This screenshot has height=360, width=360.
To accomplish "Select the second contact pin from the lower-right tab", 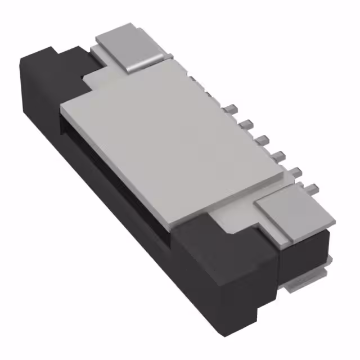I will click(296, 171).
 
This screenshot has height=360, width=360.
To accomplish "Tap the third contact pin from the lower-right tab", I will click(280, 154).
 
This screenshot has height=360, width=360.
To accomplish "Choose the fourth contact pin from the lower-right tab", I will click(263, 138).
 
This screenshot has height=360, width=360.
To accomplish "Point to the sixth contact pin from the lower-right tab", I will click(231, 107).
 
